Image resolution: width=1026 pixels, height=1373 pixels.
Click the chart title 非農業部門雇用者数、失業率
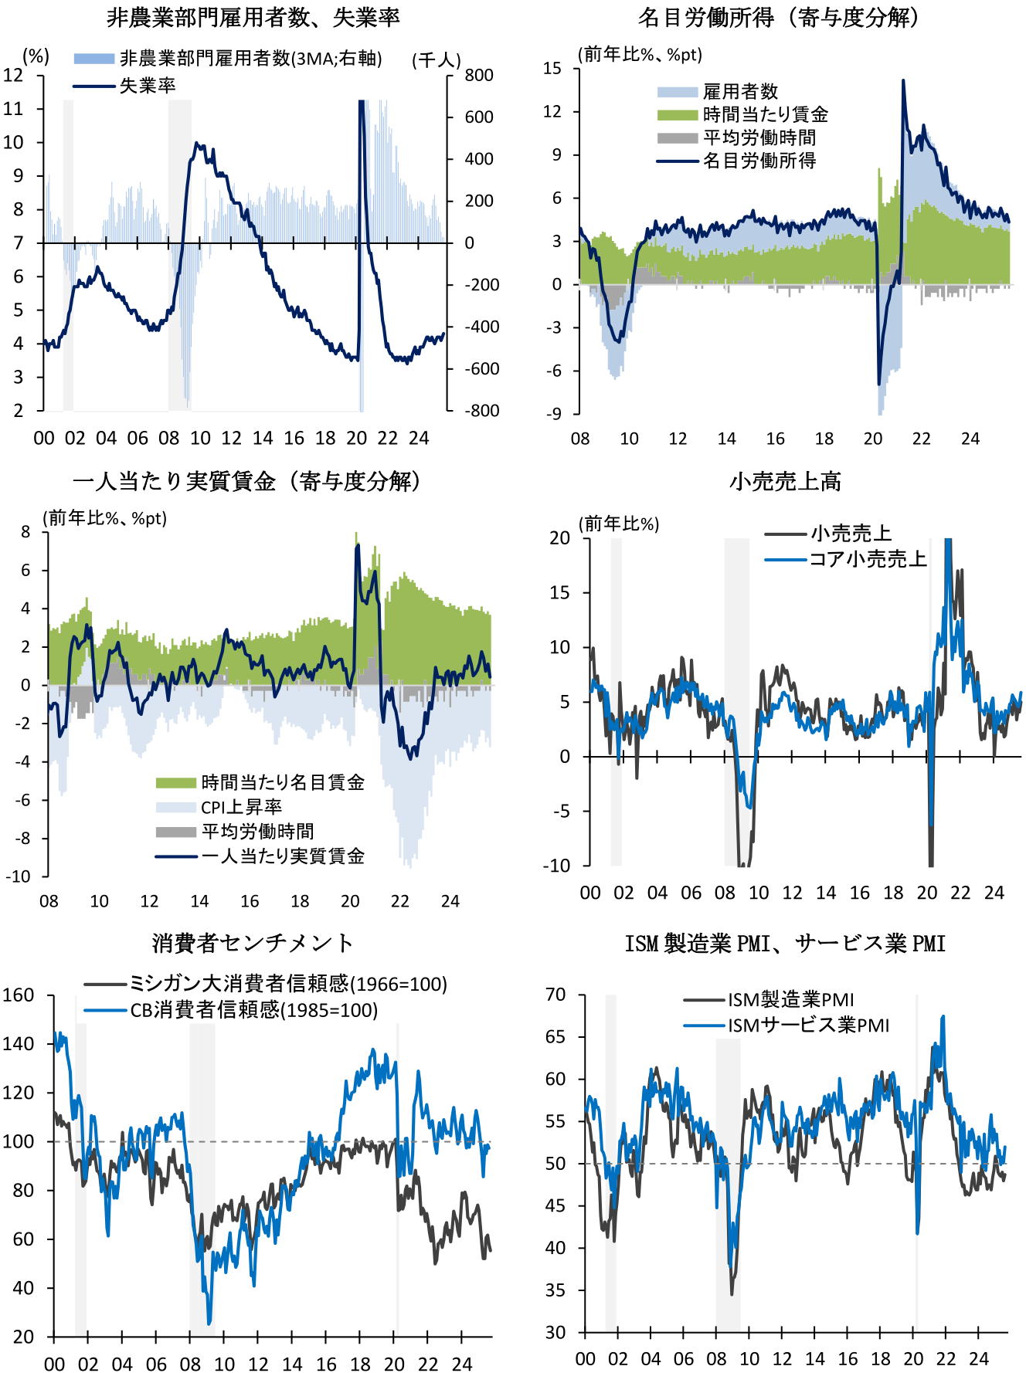coord(253,17)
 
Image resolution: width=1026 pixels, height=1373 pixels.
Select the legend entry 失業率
coord(147,85)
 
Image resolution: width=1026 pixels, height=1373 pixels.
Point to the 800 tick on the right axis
coord(479,76)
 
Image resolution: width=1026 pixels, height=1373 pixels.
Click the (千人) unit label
coord(437,60)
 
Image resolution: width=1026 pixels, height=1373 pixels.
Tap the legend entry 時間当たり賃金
coord(765,115)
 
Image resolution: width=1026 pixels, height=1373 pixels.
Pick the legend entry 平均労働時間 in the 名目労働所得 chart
coord(759,138)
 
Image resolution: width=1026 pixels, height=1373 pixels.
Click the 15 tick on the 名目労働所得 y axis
coord(552,69)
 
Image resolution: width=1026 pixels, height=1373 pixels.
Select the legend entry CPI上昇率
coord(241,807)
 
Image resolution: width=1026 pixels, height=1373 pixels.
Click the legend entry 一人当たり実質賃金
coord(283,856)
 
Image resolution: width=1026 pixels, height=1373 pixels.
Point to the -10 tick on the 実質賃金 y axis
coord(19,876)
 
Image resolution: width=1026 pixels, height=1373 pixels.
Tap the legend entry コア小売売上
coord(867,559)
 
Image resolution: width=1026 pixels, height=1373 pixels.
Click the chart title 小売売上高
coord(785,481)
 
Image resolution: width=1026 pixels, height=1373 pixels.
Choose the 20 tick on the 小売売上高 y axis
coord(560,537)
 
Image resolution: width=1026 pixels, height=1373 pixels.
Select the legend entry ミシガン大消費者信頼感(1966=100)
coord(287,984)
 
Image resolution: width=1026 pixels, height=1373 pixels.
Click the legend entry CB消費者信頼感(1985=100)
coord(253,1010)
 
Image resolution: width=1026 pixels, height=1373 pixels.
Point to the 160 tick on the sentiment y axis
coord(19,995)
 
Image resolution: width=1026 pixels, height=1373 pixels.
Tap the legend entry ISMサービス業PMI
coord(808,1026)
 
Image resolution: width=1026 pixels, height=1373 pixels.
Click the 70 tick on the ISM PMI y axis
coord(555,995)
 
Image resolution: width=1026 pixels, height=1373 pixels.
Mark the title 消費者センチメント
coord(253,943)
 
